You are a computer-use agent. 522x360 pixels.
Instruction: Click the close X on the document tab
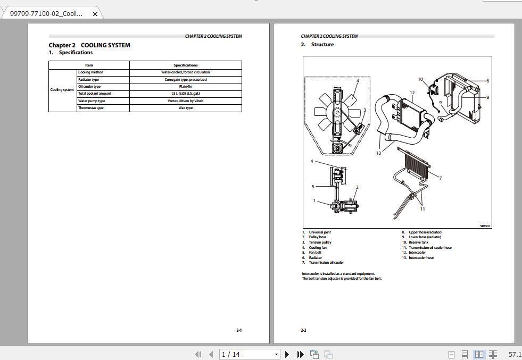(95, 14)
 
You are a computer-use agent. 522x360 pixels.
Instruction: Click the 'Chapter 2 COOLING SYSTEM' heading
(89, 45)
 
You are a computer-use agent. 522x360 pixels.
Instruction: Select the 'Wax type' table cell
(185, 108)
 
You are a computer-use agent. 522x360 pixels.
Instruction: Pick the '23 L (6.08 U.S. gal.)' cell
(185, 94)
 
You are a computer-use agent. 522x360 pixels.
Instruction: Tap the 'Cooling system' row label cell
(62, 90)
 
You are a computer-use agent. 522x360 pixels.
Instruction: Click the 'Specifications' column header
(185, 65)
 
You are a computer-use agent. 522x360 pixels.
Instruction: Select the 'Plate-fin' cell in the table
(185, 87)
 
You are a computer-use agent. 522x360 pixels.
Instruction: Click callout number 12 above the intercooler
(412, 93)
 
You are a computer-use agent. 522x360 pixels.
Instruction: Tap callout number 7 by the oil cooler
(441, 178)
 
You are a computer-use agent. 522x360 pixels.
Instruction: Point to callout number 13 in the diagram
(378, 153)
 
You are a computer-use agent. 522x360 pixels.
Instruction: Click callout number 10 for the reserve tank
(420, 79)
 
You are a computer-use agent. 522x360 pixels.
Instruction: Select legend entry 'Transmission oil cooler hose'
(430, 248)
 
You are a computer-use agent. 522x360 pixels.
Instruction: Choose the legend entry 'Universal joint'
(320, 232)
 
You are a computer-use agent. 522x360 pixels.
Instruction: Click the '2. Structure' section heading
(318, 45)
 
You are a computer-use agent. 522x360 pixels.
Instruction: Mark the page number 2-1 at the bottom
(239, 330)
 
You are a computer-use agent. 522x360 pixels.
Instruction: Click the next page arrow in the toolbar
(287, 354)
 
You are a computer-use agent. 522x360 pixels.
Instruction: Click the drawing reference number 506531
(485, 226)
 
